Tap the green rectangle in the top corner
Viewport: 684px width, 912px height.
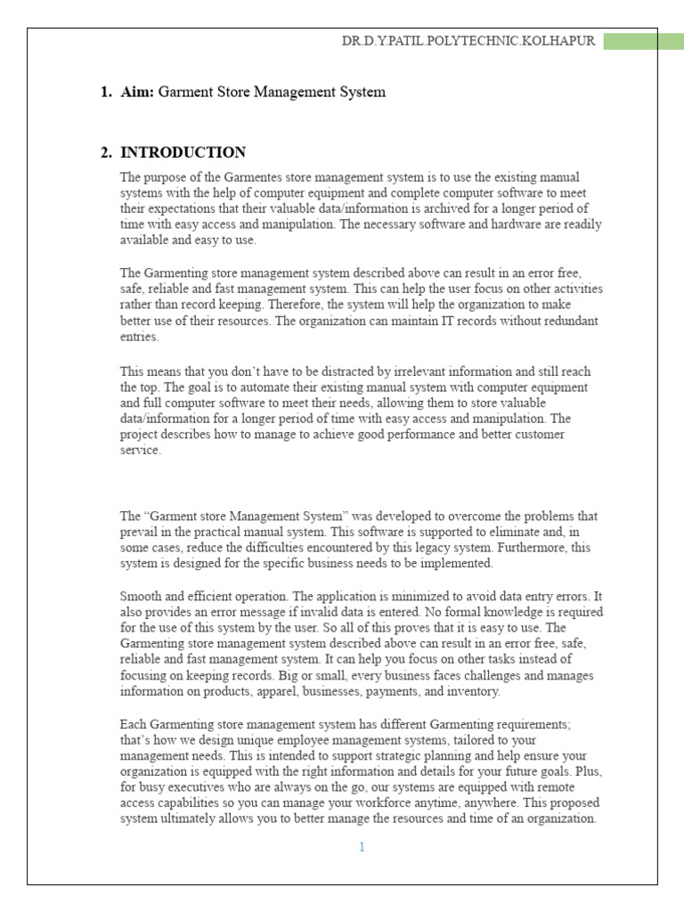click(x=643, y=41)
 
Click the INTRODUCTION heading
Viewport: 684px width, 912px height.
click(x=183, y=152)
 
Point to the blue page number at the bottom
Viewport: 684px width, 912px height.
click(x=362, y=847)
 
